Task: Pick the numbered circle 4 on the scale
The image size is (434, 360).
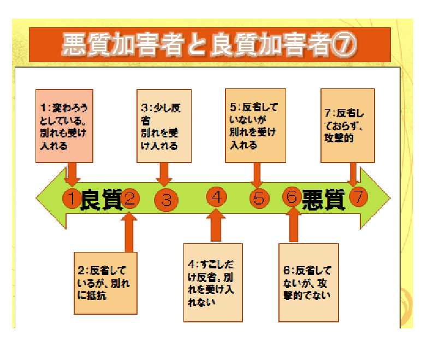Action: [x=216, y=197]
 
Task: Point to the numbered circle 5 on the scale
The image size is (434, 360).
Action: [x=259, y=199]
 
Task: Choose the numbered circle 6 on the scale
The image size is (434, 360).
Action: [x=292, y=197]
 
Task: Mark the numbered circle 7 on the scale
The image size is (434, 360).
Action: [x=358, y=197]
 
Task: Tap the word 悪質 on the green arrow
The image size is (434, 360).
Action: [x=323, y=200]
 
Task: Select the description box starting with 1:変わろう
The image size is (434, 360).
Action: [x=64, y=125]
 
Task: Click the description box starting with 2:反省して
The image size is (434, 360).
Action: [x=105, y=283]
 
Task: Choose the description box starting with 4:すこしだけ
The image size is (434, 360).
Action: [x=213, y=283]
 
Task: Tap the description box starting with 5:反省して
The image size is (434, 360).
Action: [x=255, y=125]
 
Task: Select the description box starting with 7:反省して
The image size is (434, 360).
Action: [x=348, y=125]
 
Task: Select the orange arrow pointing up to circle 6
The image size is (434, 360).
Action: [x=294, y=225]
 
